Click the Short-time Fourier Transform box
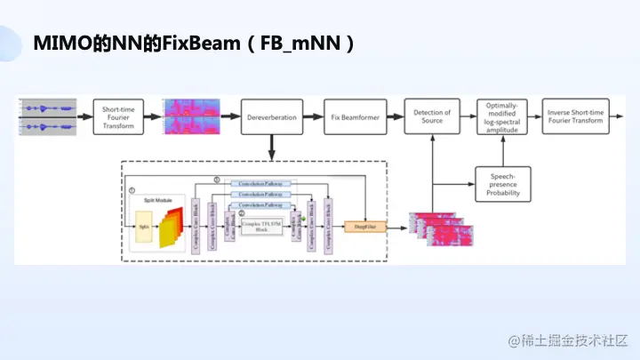(118, 116)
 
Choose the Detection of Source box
(432, 116)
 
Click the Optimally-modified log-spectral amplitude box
(502, 116)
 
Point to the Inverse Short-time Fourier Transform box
(575, 116)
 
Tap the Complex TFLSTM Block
(260, 225)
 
